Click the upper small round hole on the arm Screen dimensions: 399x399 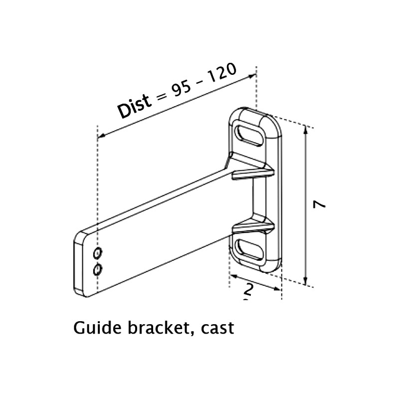[98, 252]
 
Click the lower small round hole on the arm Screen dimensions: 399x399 [98, 269]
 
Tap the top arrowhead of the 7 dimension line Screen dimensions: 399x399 [305, 129]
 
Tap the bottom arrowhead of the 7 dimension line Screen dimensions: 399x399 [305, 282]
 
